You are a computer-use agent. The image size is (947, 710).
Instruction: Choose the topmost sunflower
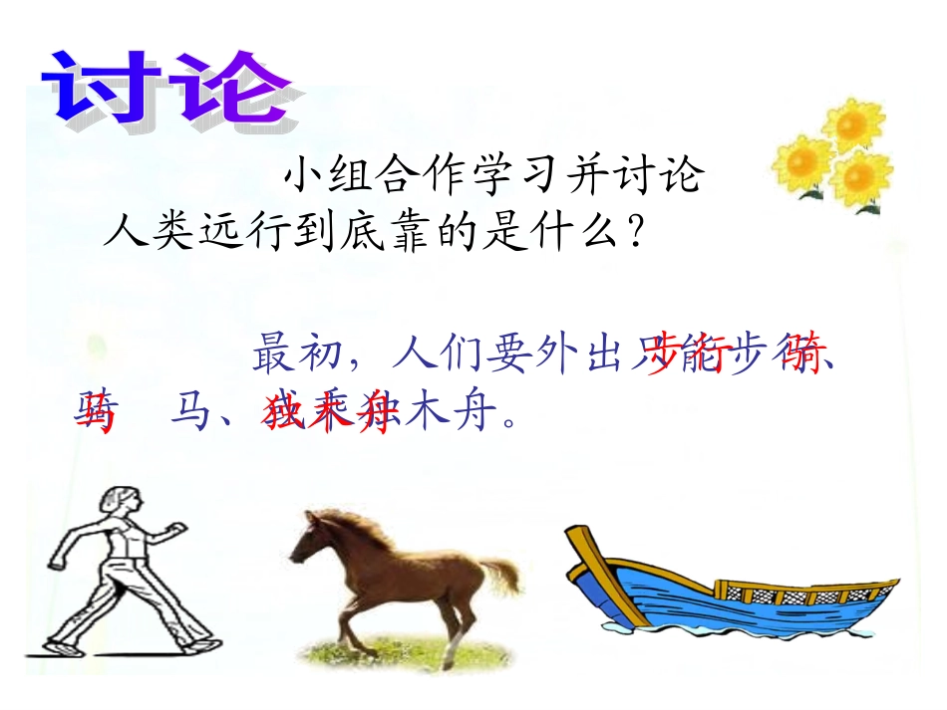852,125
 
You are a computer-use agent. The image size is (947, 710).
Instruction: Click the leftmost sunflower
802,163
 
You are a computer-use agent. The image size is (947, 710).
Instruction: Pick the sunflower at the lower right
861,180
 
